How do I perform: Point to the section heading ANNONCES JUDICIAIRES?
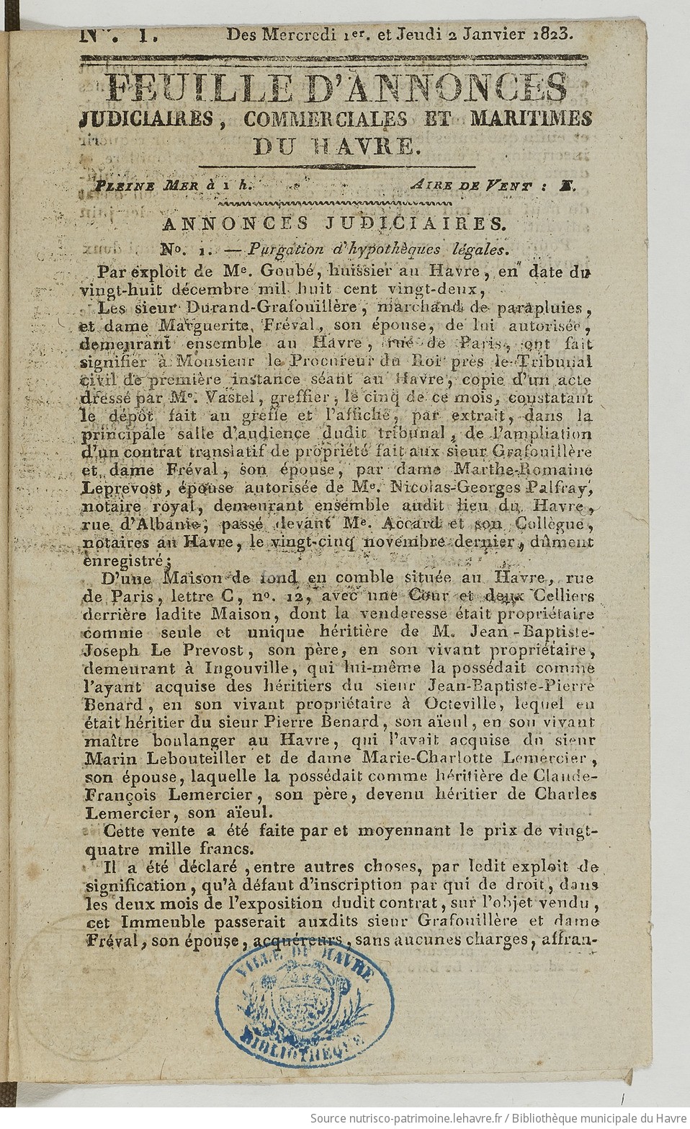pos(336,224)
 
